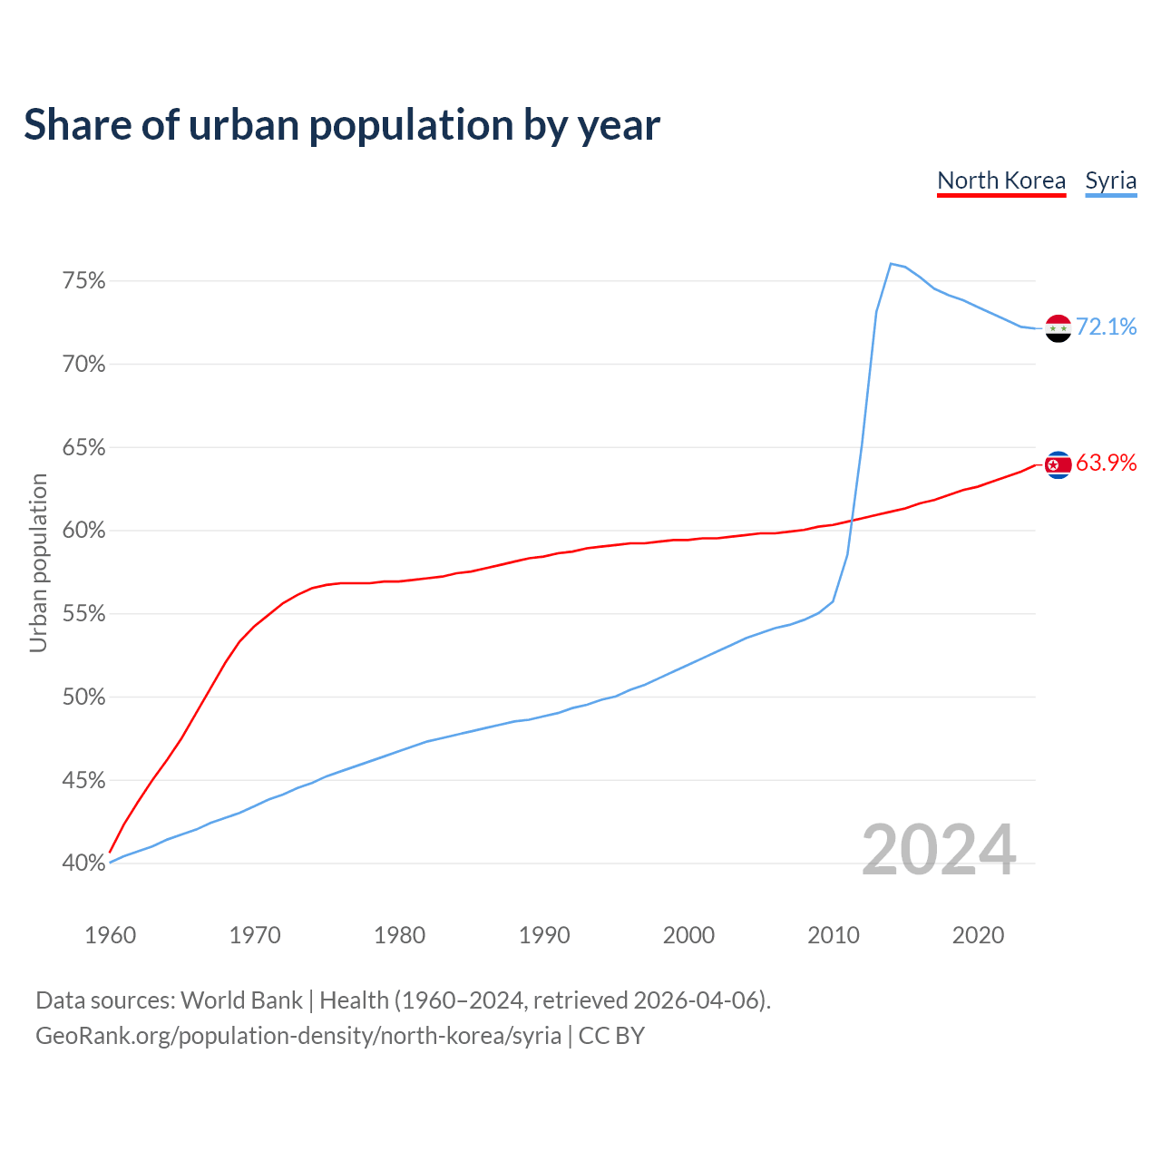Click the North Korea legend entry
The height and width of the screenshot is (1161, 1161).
point(1001,180)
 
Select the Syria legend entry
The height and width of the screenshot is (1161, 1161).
point(1110,180)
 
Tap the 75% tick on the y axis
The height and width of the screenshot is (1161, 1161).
point(84,281)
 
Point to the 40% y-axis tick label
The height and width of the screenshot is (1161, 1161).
point(84,863)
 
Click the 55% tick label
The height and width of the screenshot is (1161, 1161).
point(84,614)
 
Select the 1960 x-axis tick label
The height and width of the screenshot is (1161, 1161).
point(110,935)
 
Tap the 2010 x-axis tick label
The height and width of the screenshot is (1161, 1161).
point(833,935)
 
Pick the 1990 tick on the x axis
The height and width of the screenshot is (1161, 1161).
point(544,935)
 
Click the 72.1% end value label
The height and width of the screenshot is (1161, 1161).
point(1107,327)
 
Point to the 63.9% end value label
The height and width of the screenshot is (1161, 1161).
point(1107,463)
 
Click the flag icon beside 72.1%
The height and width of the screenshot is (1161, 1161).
point(1059,328)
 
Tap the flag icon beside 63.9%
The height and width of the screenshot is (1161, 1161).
point(1059,465)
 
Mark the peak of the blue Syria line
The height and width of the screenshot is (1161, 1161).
point(891,264)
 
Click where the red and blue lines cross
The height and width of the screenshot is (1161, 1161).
point(852,521)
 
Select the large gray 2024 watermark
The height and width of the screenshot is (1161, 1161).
point(939,850)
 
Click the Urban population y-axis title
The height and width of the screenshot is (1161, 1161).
point(38,562)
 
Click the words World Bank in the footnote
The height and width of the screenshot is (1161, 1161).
point(241,1000)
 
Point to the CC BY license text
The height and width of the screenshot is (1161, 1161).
point(611,1036)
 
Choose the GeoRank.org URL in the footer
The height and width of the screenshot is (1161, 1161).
point(298,1036)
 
